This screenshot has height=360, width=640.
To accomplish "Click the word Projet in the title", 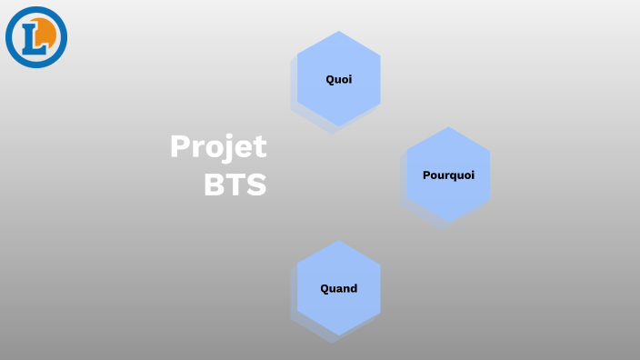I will coord(218,147).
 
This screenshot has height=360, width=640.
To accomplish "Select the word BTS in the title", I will coord(235,185).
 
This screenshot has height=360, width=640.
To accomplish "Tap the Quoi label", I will coord(339,79).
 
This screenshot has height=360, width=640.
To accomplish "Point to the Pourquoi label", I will coord(448,175).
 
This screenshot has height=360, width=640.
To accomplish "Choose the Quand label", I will coord(339,288).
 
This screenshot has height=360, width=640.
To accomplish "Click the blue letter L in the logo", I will coord(33,37).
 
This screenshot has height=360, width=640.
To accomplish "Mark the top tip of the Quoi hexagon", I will coord(339,32).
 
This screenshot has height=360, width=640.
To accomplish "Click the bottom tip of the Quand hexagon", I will coord(339,335).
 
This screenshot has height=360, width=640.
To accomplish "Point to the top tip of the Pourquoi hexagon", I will coord(448,127).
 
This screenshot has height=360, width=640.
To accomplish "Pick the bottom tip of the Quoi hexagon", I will coord(339,126).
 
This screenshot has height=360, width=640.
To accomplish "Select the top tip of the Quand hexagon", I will coord(339,241).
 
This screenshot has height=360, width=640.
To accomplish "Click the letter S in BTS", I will coord(257,185).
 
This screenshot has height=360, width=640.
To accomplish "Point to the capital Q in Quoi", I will coord(330,79).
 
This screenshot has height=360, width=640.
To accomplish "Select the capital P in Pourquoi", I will coord(426,175).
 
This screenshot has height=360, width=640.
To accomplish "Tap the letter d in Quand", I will coord(354,288).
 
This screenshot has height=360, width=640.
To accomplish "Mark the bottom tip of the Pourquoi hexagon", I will coord(448,222).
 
